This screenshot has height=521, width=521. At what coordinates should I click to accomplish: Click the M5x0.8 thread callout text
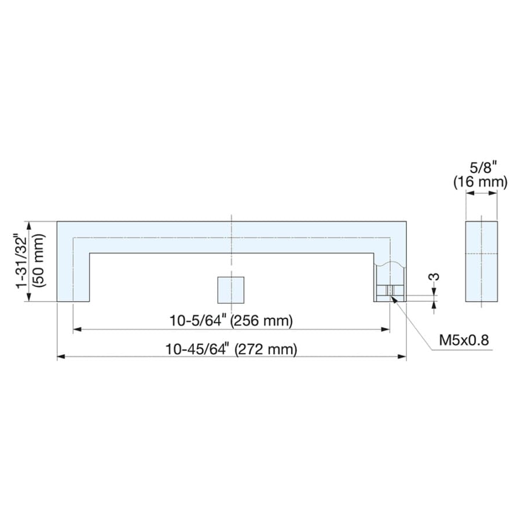(464, 340)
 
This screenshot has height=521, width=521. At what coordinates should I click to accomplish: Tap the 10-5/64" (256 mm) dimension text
(231, 321)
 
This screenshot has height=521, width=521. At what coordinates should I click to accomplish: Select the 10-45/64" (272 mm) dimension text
(231, 349)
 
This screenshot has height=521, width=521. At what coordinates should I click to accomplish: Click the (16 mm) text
(480, 182)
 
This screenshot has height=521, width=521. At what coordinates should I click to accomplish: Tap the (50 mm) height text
(39, 260)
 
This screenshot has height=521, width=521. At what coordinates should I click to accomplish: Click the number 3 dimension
(435, 277)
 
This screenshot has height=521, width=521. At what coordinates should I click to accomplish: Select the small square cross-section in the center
(231, 290)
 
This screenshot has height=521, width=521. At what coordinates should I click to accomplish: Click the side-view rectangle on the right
(482, 261)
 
